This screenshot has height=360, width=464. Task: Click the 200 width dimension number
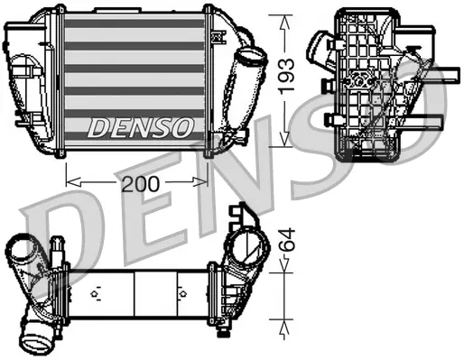140,183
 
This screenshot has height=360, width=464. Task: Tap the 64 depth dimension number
286,241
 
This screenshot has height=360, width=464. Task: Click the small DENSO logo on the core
140,127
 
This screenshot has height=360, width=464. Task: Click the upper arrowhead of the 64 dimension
286,264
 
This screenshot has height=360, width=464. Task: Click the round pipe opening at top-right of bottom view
250,244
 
